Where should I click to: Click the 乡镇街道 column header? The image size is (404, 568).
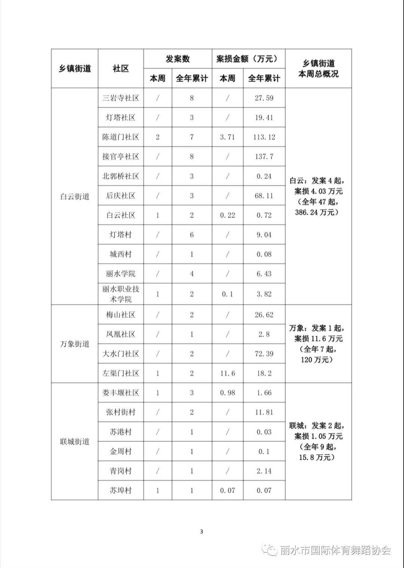pos(74,69)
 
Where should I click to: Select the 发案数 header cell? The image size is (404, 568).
pos(178,59)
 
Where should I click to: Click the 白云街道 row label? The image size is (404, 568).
pos(74,197)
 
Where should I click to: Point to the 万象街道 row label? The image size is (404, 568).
pos(74,344)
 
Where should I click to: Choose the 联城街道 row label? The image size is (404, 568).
pos(74,442)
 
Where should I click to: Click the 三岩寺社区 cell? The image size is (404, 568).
pos(120,98)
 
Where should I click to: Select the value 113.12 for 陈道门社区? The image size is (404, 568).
pos(264,137)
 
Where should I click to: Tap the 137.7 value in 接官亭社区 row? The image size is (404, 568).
pos(264,157)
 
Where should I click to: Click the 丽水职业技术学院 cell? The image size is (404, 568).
pos(120,294)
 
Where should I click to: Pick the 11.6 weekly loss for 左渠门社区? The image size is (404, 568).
pos(227,373)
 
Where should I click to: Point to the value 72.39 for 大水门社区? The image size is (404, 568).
pos(264,354)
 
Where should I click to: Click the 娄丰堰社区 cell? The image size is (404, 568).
pos(120,393)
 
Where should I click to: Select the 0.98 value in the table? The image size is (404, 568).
pos(227,393)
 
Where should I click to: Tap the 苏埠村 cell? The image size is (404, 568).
pos(120,491)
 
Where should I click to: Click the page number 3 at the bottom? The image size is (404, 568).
pos(202,532)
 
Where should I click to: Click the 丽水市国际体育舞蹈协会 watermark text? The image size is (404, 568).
pos(335,551)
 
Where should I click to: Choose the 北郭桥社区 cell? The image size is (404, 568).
pos(120,176)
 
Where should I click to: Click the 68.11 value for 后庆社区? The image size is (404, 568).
pos(264,196)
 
